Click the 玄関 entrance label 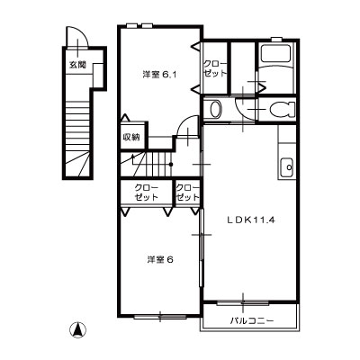click(x=77, y=65)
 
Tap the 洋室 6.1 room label click(x=159, y=75)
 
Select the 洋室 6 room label click(x=160, y=260)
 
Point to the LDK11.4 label click(x=251, y=220)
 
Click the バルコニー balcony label click(x=252, y=321)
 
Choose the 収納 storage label click(x=131, y=138)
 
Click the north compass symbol click(x=77, y=330)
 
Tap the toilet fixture click(x=282, y=109)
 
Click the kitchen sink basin click(x=287, y=167)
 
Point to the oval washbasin click(x=215, y=109)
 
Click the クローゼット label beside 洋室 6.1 click(x=214, y=68)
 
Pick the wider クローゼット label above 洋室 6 click(x=147, y=193)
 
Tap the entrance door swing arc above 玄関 click(x=83, y=32)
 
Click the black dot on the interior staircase click(x=171, y=165)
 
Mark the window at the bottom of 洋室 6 click(x=160, y=316)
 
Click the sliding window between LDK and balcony click(x=243, y=303)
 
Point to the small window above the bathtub click(x=276, y=39)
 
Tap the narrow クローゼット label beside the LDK click(x=188, y=193)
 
